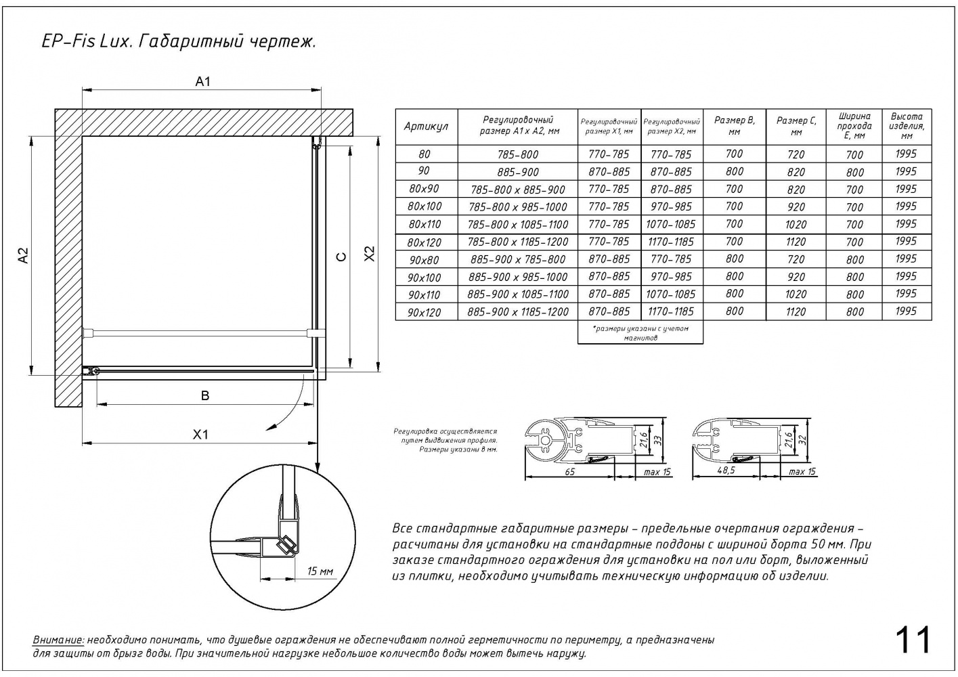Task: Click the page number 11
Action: (913, 640)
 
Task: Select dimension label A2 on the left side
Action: (24, 255)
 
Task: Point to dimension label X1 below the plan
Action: (200, 435)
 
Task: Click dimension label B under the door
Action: (205, 396)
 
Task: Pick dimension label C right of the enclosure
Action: (342, 256)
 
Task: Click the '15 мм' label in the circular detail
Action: (320, 571)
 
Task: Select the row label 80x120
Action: (424, 242)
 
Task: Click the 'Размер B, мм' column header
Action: (734, 126)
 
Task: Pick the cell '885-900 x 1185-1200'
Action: (517, 312)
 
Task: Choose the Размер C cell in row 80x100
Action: (796, 207)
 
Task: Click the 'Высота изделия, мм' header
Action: (907, 126)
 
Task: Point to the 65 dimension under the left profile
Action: (569, 472)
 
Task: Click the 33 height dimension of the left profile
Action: (656, 439)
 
